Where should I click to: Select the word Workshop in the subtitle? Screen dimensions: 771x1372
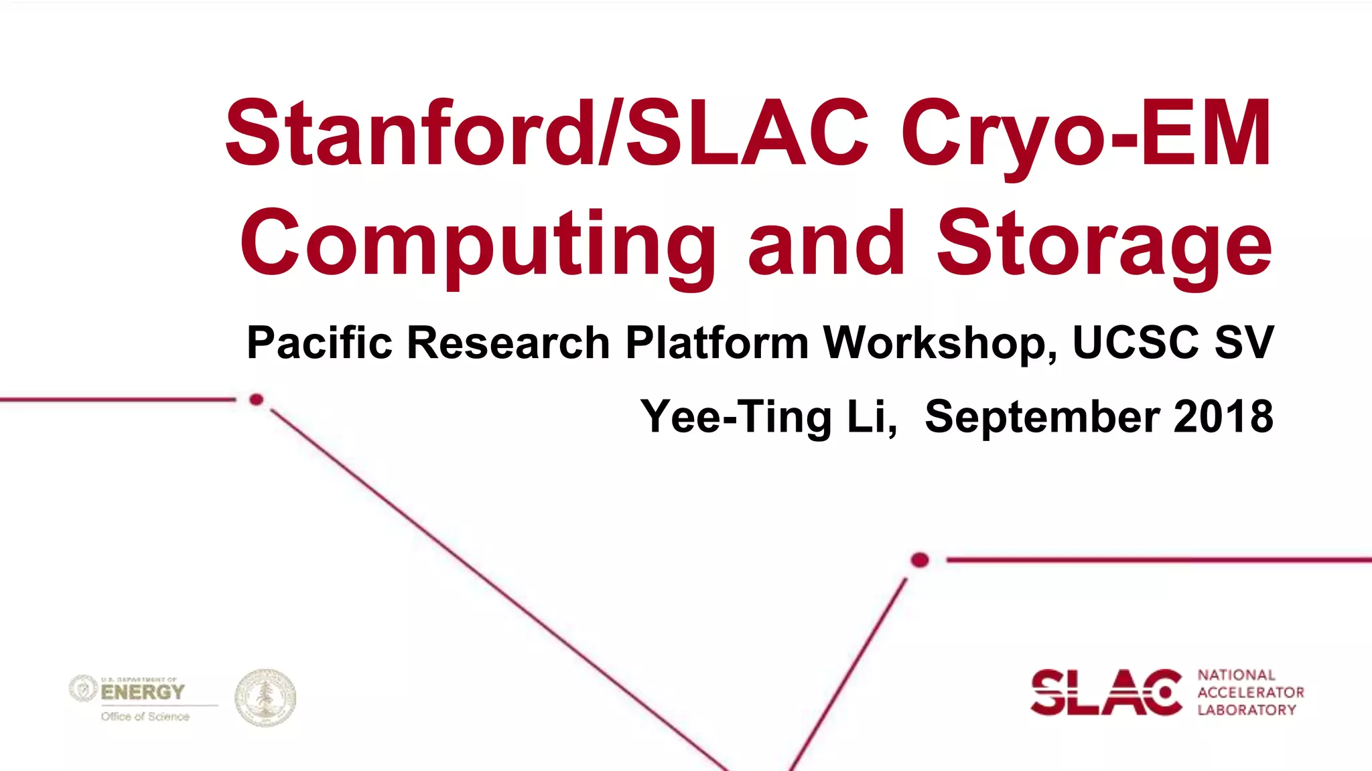939,343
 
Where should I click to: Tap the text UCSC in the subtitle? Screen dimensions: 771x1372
1136,343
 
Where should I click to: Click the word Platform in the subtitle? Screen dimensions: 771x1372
717,343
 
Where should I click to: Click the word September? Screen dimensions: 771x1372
1042,416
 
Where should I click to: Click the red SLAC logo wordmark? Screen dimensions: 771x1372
1106,692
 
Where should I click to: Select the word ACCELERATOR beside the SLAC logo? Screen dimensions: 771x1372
1251,693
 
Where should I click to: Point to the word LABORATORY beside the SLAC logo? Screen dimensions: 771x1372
1247,710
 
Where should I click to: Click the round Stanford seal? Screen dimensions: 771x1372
265,698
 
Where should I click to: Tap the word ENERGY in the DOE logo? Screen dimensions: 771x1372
143,692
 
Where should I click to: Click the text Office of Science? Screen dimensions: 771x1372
145,717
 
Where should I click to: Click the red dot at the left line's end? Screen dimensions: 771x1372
256,400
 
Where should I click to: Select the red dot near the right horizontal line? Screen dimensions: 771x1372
920,560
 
